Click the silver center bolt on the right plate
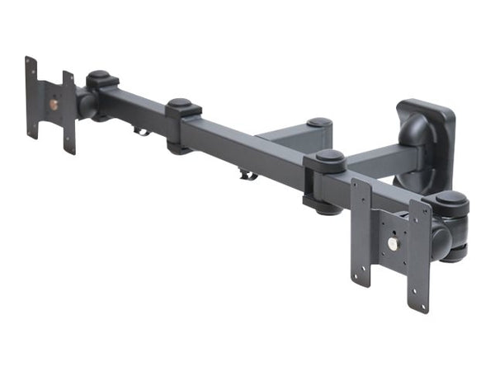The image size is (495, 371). (x=394, y=244)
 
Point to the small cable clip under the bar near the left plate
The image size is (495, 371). (x=142, y=130)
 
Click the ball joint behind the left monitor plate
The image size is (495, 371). (x=85, y=104)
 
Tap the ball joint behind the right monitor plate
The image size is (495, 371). (x=441, y=240)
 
